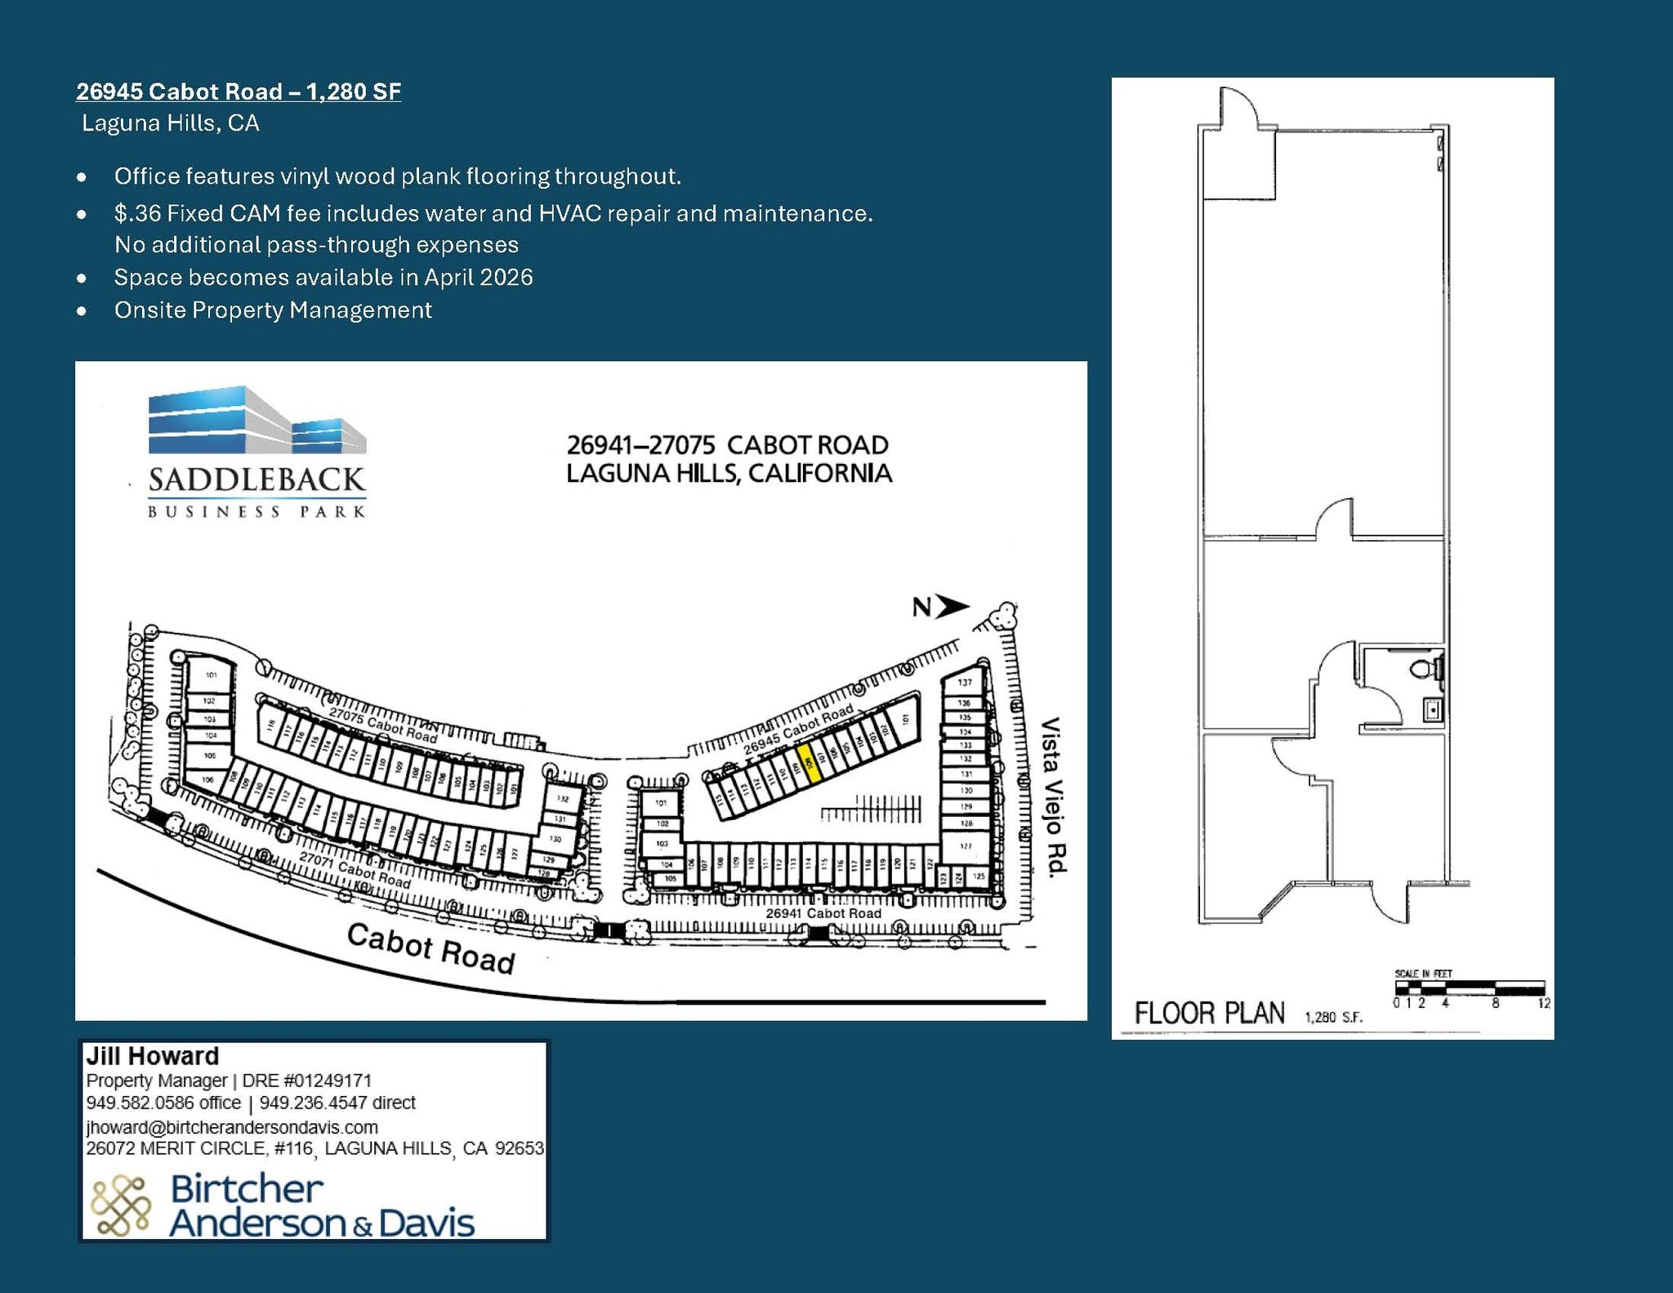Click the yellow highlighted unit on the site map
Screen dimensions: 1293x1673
[808, 764]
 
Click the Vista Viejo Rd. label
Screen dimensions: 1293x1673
[1053, 796]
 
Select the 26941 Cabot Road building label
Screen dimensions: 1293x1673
[823, 912]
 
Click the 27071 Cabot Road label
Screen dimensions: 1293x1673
[355, 870]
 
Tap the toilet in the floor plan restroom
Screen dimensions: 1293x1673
[1425, 669]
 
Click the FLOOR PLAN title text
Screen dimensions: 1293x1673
[1209, 1014]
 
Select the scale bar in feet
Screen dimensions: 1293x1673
[1469, 988]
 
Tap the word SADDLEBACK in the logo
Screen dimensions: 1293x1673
[257, 480]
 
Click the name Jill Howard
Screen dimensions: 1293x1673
[153, 1056]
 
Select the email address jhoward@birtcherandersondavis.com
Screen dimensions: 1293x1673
[232, 1127]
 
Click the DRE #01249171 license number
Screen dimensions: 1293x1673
[307, 1081]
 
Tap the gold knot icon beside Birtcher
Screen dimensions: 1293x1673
[120, 1205]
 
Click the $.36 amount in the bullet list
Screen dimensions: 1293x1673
[137, 214]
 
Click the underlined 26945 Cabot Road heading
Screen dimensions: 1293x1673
[238, 91]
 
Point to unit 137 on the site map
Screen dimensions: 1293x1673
[965, 682]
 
